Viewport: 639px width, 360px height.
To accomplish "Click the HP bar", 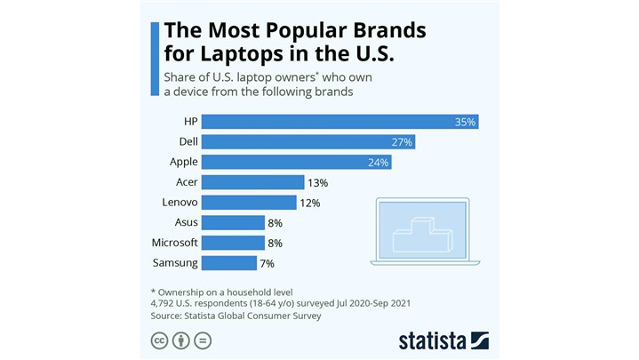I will [338, 121].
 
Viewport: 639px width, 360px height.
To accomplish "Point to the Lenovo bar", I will [248, 203].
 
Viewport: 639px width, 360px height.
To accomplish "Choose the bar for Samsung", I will [228, 263].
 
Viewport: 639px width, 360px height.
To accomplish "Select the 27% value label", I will [403, 142].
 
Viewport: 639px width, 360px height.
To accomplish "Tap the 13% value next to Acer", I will [317, 183].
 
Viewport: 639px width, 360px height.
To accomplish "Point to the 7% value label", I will [267, 264].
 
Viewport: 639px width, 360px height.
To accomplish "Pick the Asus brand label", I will [187, 222].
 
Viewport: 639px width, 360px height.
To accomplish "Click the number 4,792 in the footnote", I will [167, 303].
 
